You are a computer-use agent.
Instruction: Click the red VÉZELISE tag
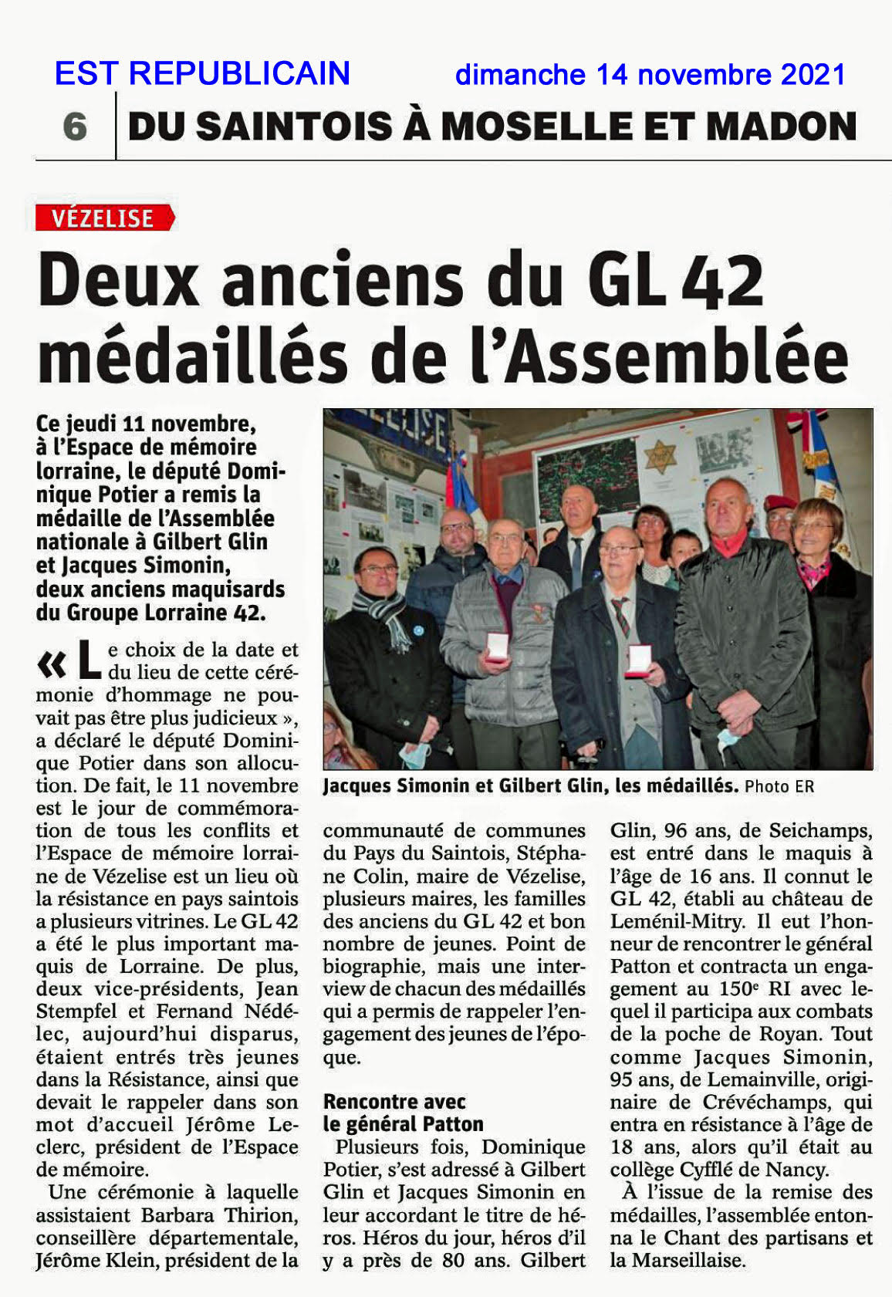tap(104, 218)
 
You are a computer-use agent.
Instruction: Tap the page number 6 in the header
tap(75, 126)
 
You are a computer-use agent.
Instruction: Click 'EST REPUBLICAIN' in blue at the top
tap(202, 73)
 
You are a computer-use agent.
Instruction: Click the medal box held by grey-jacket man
tap(498, 647)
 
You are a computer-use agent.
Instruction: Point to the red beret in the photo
tap(780, 503)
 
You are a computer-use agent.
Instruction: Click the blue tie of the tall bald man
tap(576, 561)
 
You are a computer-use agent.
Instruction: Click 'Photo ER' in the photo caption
tap(779, 786)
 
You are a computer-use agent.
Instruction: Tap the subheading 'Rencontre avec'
tap(394, 1101)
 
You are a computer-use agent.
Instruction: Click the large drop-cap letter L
tap(90, 660)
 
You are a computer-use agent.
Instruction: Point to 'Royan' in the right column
tap(820, 1034)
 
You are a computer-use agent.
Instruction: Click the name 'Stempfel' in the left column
tap(77, 1011)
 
